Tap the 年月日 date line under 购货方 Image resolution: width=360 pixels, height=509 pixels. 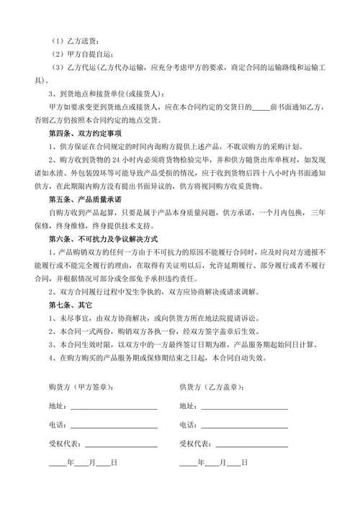[83, 463]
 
